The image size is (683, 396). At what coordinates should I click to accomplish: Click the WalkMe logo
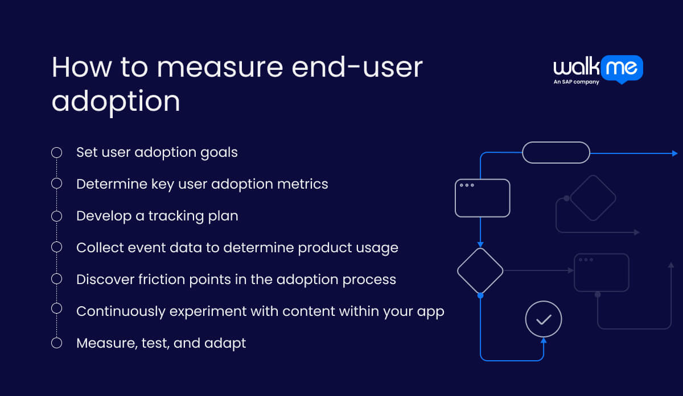click(x=598, y=68)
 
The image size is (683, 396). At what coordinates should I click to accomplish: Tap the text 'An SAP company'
click(x=576, y=82)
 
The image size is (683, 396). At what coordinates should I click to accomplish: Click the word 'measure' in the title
click(x=220, y=68)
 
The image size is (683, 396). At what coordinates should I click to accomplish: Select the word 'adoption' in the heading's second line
click(x=116, y=101)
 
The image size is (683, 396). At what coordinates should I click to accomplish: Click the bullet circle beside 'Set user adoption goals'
click(x=56, y=152)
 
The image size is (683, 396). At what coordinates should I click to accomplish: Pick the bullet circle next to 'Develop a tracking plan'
click(x=56, y=216)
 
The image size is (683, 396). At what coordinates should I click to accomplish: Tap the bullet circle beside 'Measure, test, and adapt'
click(x=56, y=343)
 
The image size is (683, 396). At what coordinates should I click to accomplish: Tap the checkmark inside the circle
click(x=544, y=319)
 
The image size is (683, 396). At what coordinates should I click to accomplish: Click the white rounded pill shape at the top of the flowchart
click(x=556, y=152)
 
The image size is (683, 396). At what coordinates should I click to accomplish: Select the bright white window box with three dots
click(x=482, y=198)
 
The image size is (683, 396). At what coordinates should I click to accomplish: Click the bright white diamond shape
click(x=480, y=270)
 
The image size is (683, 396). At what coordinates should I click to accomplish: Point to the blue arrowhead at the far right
click(x=674, y=153)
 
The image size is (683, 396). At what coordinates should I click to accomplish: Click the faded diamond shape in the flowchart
click(x=593, y=198)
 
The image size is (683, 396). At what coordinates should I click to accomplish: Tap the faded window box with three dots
click(x=601, y=273)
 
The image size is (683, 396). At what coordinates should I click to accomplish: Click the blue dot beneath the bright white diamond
click(x=480, y=295)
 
